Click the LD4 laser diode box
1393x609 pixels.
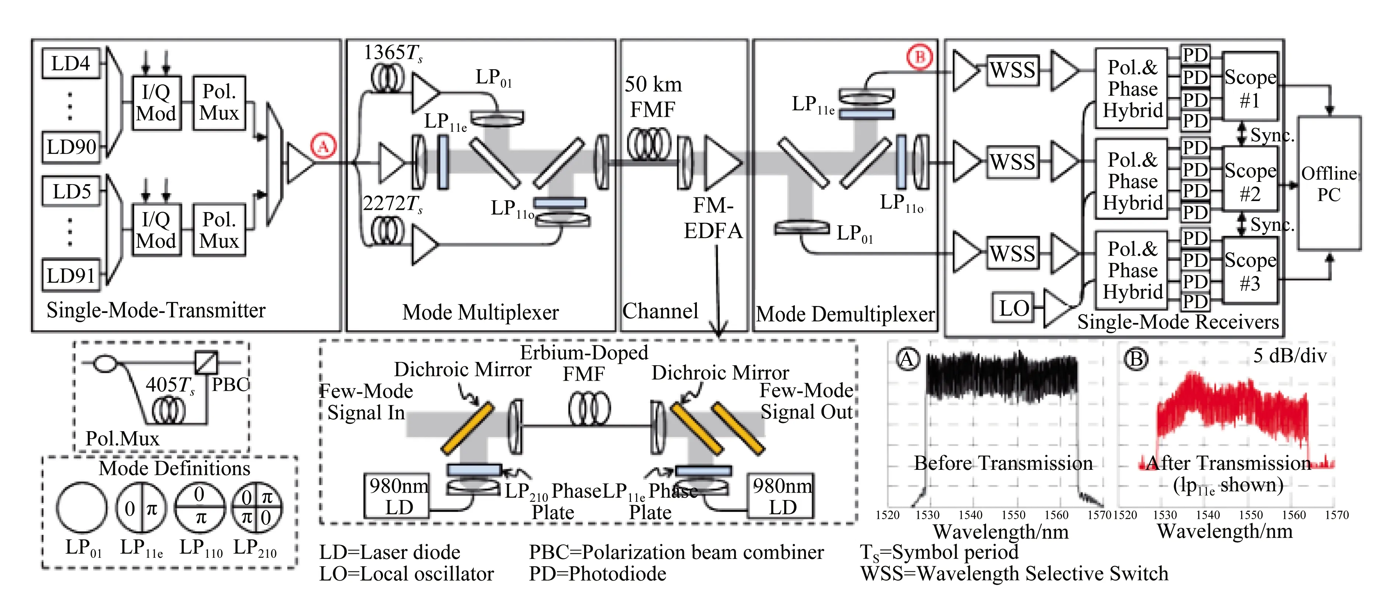pos(71,64)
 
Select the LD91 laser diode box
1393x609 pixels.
pos(71,275)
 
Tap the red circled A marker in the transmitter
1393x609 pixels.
pos(324,146)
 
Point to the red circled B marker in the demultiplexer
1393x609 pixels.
pos(920,56)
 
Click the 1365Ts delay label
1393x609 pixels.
pos(392,53)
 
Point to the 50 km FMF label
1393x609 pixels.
pos(653,97)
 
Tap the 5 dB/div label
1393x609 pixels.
pos(1290,356)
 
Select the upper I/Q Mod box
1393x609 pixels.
pos(156,103)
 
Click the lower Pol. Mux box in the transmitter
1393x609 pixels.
pos(219,230)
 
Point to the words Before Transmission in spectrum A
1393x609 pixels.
pos(1003,464)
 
